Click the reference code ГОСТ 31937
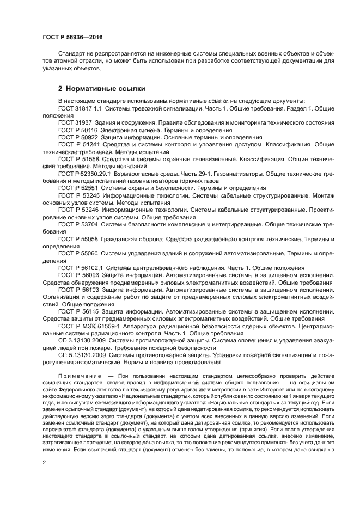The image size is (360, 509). point(75,123)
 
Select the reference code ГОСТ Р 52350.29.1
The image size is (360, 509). point(84,173)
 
